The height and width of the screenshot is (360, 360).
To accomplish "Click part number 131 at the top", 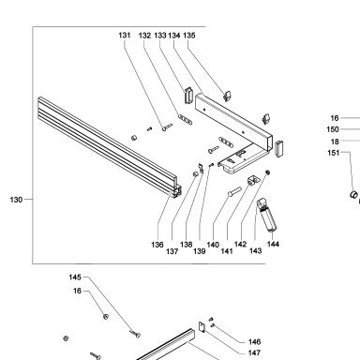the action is pyautogui.click(x=125, y=36).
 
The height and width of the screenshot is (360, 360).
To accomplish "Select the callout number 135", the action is pyautogui.click(x=189, y=36).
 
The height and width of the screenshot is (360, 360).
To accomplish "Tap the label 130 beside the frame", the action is pyautogui.click(x=16, y=200).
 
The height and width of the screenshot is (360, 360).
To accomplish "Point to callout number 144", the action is pyautogui.click(x=273, y=244).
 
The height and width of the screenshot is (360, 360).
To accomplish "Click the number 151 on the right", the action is pyautogui.click(x=334, y=153).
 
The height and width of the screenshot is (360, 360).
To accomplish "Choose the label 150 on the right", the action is pyautogui.click(x=333, y=129).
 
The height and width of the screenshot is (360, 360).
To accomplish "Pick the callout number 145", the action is pyautogui.click(x=75, y=277).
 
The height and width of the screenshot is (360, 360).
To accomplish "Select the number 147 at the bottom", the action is pyautogui.click(x=254, y=352).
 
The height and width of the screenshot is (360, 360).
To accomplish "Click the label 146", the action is pyautogui.click(x=254, y=342).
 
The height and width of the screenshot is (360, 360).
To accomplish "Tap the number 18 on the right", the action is pyautogui.click(x=335, y=142).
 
